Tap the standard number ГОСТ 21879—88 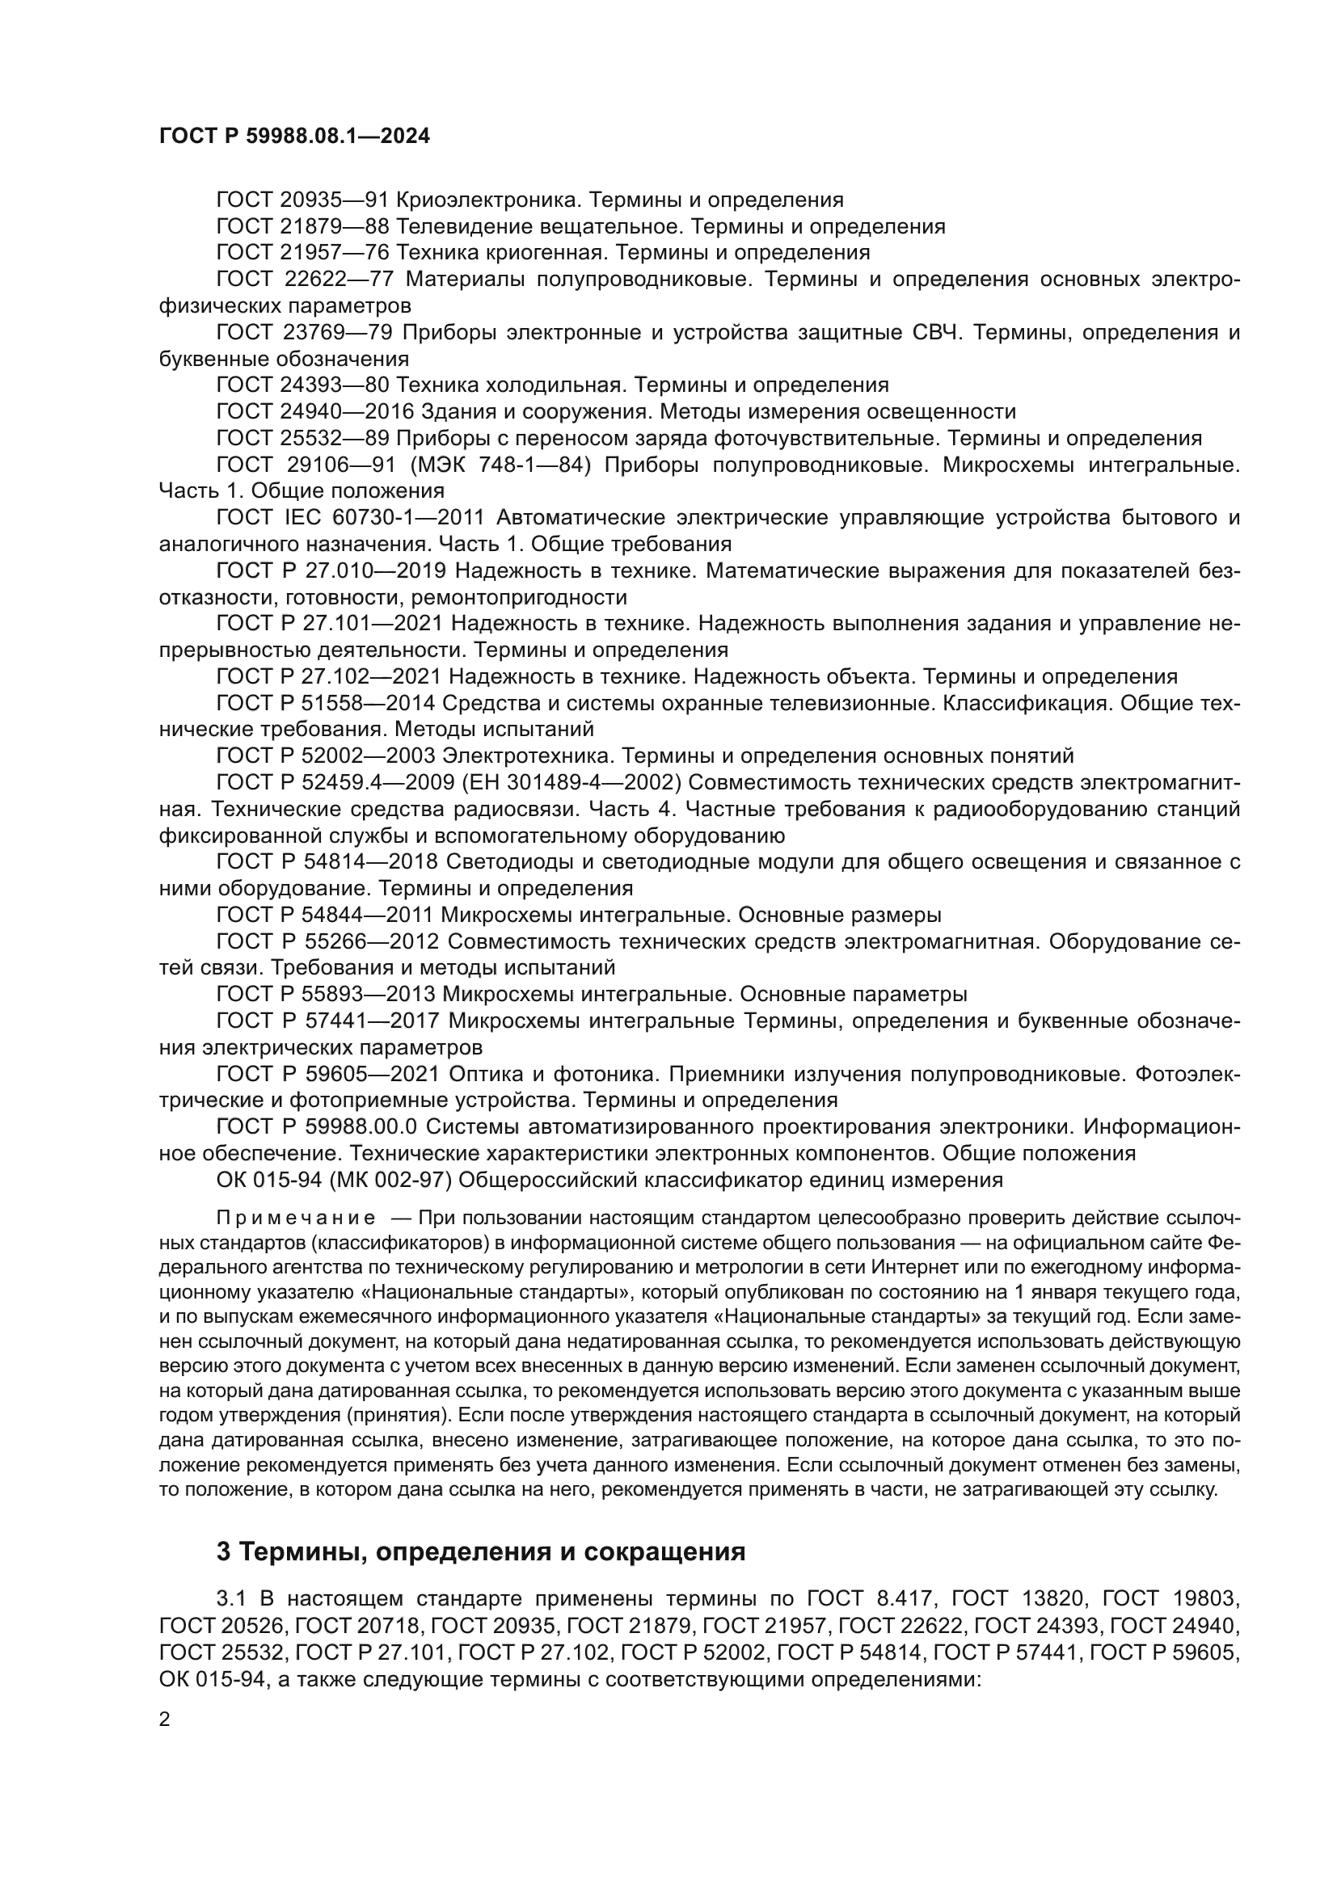[x=302, y=226]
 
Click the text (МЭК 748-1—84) [x=500, y=465]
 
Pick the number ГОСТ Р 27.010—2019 [x=331, y=570]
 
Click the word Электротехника [x=527, y=756]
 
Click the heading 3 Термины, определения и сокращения [x=481, y=1551]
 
